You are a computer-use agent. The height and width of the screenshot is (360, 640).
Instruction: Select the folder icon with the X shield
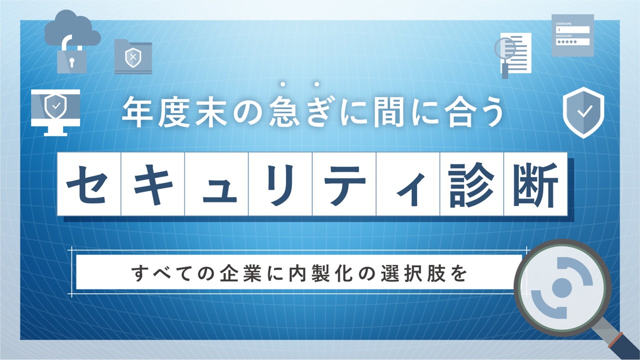[133, 56]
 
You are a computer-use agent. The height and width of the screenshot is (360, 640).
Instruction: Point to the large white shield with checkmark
[583, 112]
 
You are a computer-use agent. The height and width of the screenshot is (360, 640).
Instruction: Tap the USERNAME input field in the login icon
[572, 29]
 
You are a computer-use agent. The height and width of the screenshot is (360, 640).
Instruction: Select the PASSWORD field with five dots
[572, 41]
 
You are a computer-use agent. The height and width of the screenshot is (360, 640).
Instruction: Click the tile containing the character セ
[89, 184]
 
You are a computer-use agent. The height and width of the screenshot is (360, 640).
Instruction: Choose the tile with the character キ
[153, 184]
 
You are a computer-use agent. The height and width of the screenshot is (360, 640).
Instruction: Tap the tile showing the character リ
[280, 184]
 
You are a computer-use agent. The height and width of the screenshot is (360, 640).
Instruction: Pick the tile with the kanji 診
[471, 184]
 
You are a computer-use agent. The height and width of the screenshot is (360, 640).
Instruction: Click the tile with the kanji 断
[535, 184]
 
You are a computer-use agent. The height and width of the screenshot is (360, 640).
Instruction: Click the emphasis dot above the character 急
[282, 84]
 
